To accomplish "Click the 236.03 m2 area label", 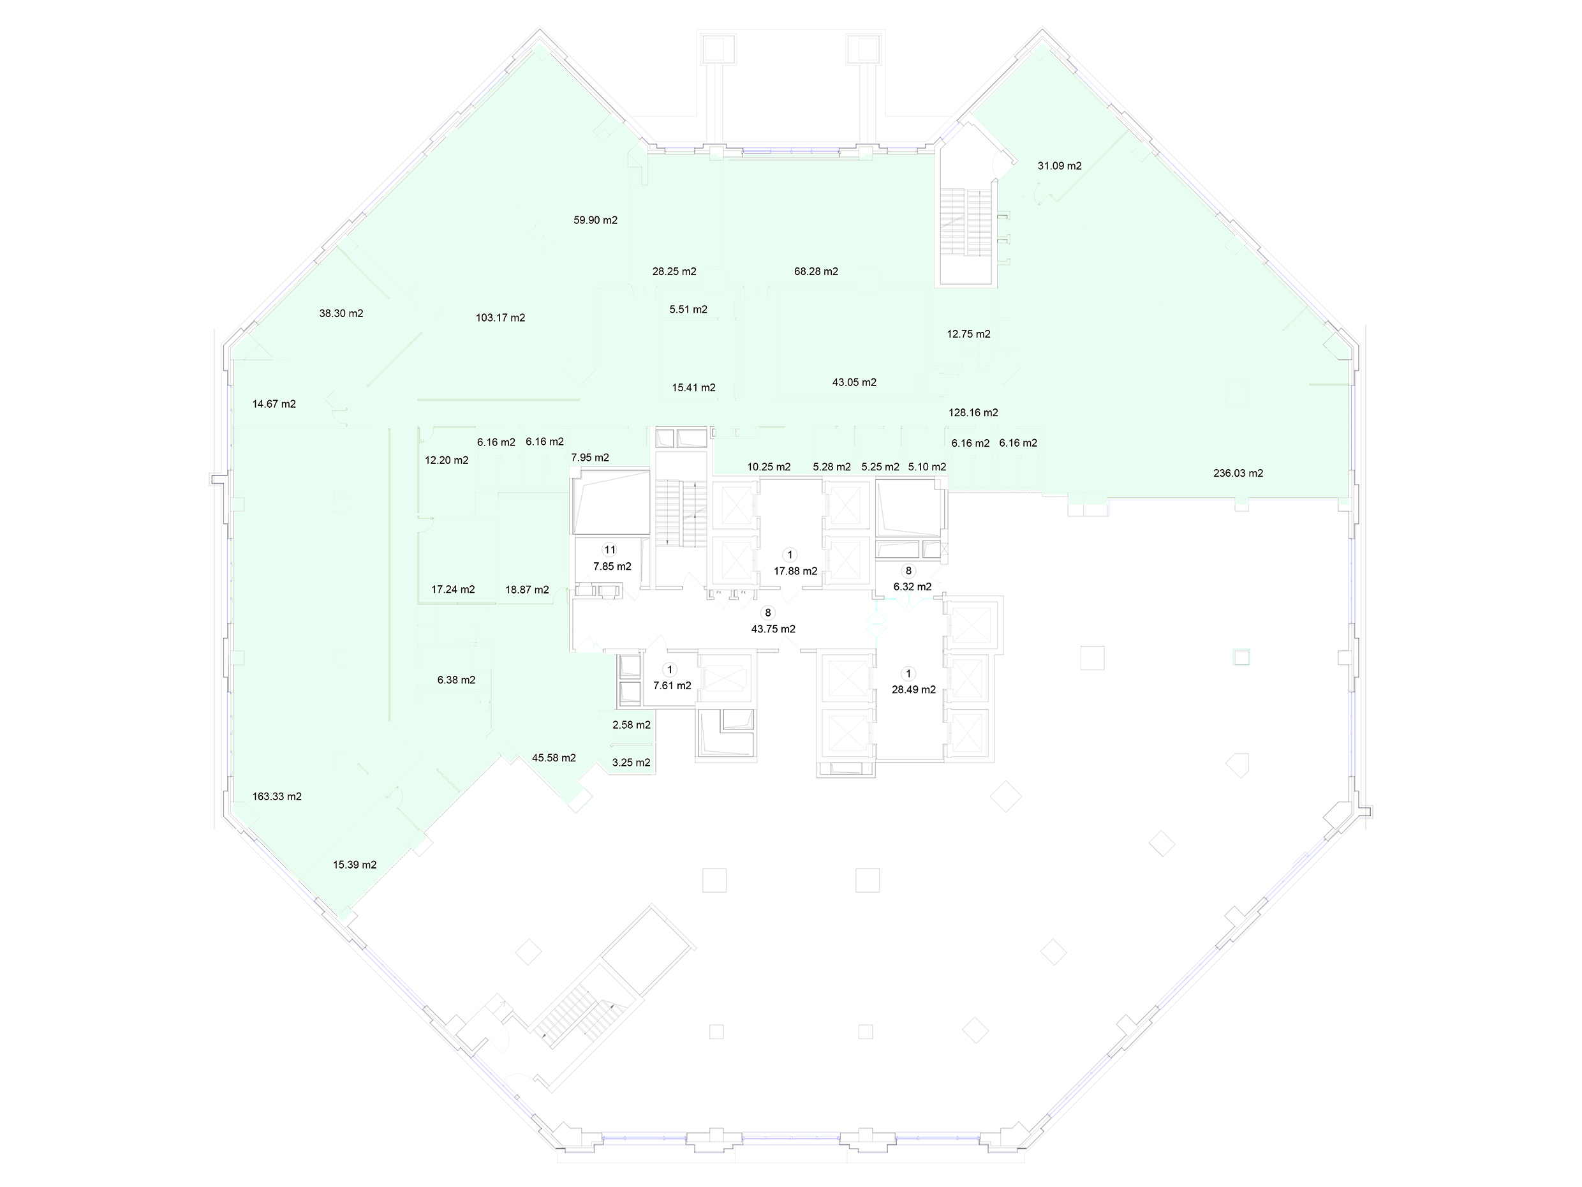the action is click(1238, 473).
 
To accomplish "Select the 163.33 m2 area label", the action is click(277, 796).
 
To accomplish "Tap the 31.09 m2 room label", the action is click(1059, 166).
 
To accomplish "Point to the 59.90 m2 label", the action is click(595, 220).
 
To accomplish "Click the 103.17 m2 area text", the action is click(500, 318).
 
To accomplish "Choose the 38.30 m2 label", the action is click(341, 313).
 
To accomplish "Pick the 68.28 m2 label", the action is click(816, 271).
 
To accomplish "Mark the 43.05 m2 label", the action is click(854, 382).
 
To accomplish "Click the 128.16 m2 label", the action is click(973, 412).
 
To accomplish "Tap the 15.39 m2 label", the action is click(355, 864).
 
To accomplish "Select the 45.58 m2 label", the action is click(554, 758).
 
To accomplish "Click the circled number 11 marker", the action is click(609, 550).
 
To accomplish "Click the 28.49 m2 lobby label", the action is click(913, 690).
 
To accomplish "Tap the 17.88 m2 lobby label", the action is click(795, 571).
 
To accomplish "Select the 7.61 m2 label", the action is click(672, 685).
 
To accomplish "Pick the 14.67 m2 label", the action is click(274, 403).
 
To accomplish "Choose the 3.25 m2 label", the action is click(632, 763).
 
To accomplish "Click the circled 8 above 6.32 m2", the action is click(909, 571).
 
